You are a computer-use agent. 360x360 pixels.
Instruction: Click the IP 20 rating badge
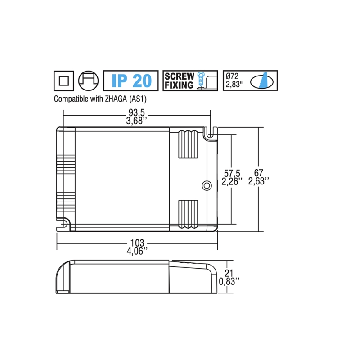click(x=131, y=81)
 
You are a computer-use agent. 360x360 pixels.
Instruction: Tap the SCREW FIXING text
click(x=179, y=81)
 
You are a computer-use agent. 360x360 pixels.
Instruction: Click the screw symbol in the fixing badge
click(x=201, y=81)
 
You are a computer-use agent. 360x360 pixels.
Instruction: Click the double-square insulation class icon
click(x=63, y=81)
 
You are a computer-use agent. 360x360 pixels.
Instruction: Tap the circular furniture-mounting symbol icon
click(x=88, y=81)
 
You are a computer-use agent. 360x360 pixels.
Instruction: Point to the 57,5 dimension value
click(x=232, y=173)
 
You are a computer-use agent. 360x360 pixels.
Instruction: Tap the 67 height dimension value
click(x=258, y=173)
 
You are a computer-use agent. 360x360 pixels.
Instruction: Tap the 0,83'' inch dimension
click(x=229, y=281)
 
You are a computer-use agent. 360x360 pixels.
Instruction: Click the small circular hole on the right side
click(x=207, y=185)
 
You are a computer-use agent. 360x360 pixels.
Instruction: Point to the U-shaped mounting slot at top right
click(x=208, y=133)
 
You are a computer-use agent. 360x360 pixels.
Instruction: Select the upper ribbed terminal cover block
click(x=189, y=146)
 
